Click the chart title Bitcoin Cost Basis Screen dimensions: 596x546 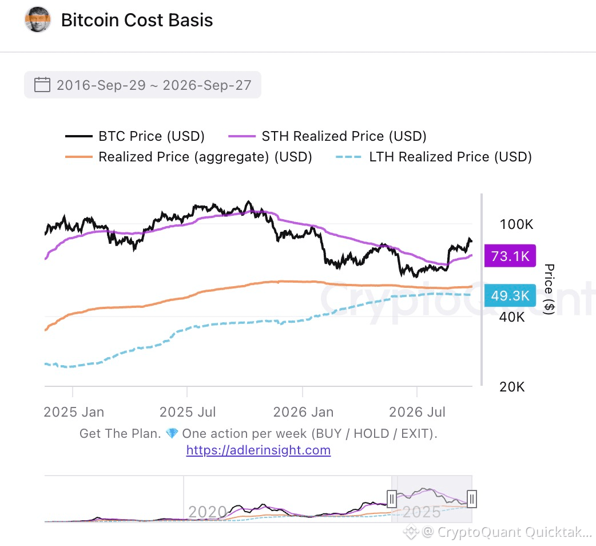[x=137, y=20]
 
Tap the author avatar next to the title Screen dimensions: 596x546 [x=38, y=19]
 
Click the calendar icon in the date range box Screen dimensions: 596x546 [x=42, y=84]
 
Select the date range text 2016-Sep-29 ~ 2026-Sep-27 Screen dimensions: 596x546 [x=154, y=85]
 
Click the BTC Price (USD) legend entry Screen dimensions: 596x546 [x=135, y=136]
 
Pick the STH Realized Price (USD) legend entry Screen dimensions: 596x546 [x=327, y=136]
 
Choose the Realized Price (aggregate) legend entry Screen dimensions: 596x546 [x=189, y=157]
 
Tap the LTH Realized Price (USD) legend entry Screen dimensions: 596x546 [x=434, y=157]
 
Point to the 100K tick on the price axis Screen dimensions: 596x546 [x=516, y=224]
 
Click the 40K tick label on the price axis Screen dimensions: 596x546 [x=511, y=316]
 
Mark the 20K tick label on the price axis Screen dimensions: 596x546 [x=511, y=387]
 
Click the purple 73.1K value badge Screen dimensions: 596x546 [x=510, y=256]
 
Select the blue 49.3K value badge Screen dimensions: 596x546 [x=510, y=295]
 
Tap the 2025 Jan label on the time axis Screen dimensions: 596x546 [x=74, y=412]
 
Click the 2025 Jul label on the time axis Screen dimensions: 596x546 [x=188, y=412]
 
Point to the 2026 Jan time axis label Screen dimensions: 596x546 [x=303, y=412]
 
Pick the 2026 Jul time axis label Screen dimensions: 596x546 [x=417, y=412]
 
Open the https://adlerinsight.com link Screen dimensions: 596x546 [x=259, y=450]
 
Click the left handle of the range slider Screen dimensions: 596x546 [x=391, y=499]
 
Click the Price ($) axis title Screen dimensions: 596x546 [x=549, y=289]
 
